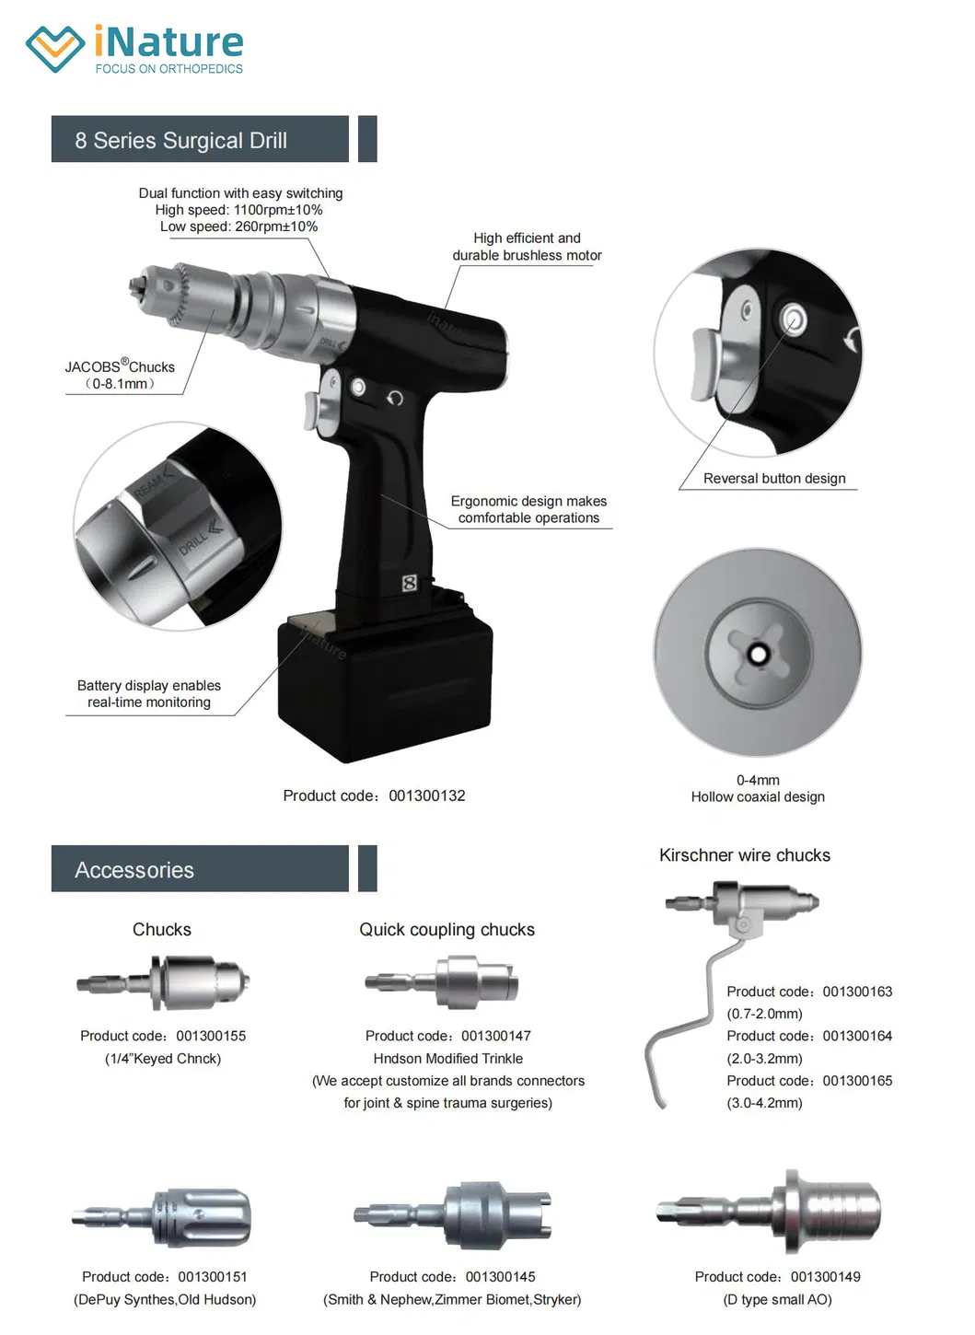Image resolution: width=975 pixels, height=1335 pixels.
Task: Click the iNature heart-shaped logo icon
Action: pyautogui.click(x=54, y=48)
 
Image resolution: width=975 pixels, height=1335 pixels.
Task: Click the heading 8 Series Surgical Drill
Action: pyautogui.click(x=180, y=141)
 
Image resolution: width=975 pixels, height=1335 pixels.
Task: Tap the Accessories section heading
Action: pyautogui.click(x=134, y=870)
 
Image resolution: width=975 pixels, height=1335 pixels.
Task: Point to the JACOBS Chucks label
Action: pyautogui.click(x=120, y=366)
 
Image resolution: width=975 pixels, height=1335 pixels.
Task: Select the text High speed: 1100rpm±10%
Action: pyautogui.click(x=238, y=210)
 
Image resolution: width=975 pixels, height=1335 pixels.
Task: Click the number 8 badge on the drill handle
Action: pyautogui.click(x=410, y=583)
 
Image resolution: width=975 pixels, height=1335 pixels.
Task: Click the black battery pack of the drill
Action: pyautogui.click(x=384, y=685)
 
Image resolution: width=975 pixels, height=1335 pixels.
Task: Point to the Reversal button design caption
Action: pyautogui.click(x=773, y=479)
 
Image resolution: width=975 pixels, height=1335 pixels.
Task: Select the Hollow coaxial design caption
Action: pyautogui.click(x=758, y=797)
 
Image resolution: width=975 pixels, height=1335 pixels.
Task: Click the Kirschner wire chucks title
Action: pyautogui.click(x=744, y=855)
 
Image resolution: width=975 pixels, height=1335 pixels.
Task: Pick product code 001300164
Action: pyautogui.click(x=856, y=1036)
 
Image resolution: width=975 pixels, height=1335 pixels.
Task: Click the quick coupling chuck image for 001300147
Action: pyautogui.click(x=444, y=981)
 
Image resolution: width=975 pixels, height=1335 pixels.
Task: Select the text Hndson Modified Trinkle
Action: pyautogui.click(x=447, y=1059)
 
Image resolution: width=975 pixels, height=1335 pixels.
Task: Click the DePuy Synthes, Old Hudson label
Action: pyautogui.click(x=165, y=1299)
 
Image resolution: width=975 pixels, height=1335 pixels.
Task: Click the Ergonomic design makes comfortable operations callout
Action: pyautogui.click(x=528, y=509)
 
